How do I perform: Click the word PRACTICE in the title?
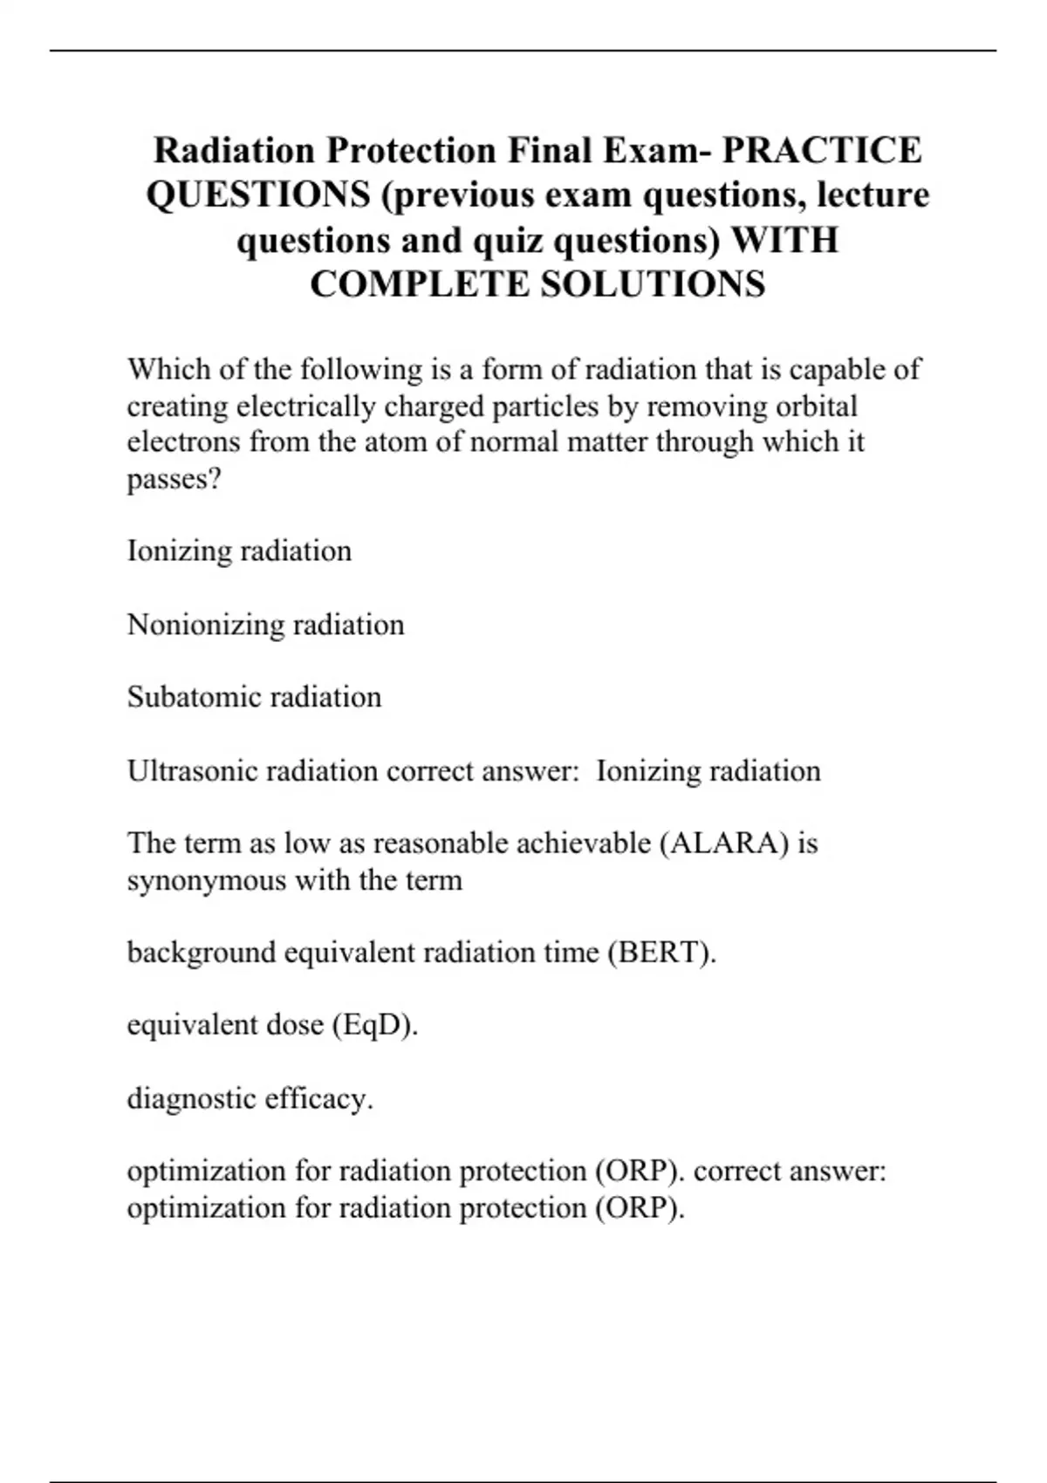pyautogui.click(x=822, y=150)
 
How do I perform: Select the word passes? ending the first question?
pyautogui.click(x=174, y=479)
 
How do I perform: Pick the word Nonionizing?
pyautogui.click(x=205, y=625)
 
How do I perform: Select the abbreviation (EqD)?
pyautogui.click(x=375, y=1024)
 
